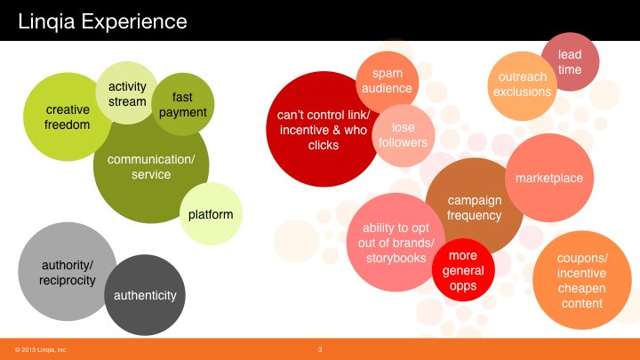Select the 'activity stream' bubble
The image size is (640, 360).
click(127, 93)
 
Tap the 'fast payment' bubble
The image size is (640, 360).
click(183, 105)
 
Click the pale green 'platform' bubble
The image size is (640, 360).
click(211, 214)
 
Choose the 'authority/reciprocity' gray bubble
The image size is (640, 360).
click(68, 271)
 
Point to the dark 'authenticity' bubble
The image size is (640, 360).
click(145, 295)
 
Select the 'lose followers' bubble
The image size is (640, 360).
click(404, 135)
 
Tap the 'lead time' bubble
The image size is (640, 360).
click(570, 61)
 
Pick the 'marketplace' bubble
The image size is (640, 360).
click(549, 178)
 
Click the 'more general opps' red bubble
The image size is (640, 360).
click(463, 270)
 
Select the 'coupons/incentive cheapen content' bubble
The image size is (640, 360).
click(582, 280)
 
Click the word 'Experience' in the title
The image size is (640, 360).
click(134, 21)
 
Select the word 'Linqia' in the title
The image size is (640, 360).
click(46, 21)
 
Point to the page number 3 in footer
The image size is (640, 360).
click(320, 349)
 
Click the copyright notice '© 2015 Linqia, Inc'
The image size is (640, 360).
click(40, 350)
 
